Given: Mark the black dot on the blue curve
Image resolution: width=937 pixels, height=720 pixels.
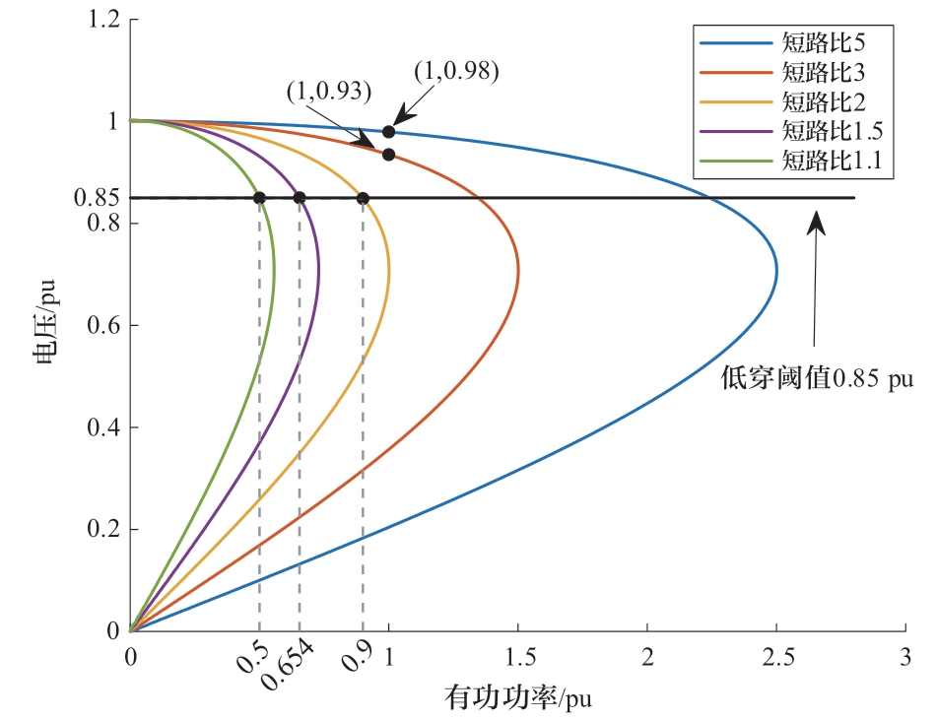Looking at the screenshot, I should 389,131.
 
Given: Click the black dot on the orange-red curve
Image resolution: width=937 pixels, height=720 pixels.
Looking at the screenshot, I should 389,154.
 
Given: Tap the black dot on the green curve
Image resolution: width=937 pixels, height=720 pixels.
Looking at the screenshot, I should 260,198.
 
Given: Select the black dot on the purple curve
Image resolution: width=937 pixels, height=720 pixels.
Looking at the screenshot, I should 300,198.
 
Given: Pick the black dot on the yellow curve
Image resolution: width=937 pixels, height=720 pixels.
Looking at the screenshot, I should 363,198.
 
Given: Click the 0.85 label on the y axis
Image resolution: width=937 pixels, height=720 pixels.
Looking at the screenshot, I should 97,197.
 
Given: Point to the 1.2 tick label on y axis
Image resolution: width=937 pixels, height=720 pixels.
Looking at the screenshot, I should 102,20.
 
